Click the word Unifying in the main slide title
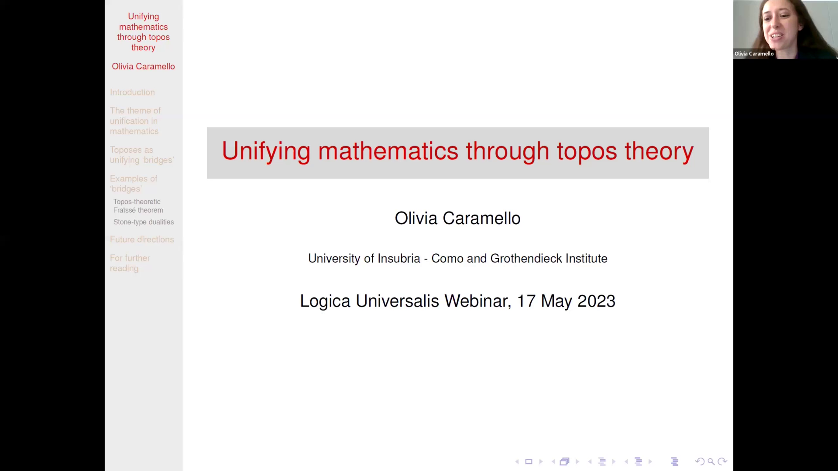(x=266, y=151)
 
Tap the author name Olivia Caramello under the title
(x=457, y=218)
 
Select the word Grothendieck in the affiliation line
(x=526, y=259)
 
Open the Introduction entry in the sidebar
(x=132, y=92)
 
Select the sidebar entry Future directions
(x=142, y=239)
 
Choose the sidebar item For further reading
(x=130, y=263)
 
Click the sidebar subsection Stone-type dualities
(x=143, y=222)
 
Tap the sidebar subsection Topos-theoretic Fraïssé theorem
(x=138, y=206)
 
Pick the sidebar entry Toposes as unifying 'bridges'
(x=141, y=155)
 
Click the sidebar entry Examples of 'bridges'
(x=133, y=184)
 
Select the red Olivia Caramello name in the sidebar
(x=143, y=66)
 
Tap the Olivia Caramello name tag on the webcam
(x=754, y=54)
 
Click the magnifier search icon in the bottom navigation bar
(x=711, y=461)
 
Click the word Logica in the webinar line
(x=325, y=301)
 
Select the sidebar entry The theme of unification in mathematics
(x=135, y=121)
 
